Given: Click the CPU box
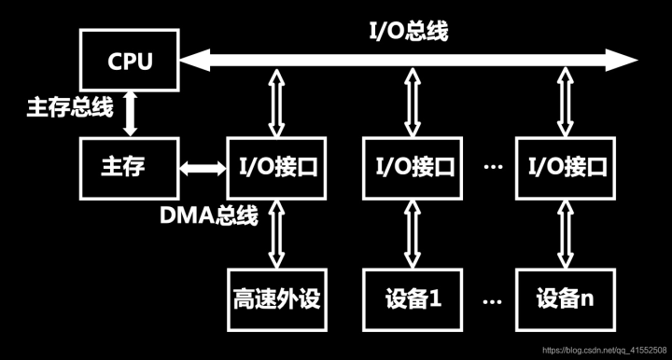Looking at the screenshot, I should click(129, 62).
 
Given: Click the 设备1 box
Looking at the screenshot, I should click(412, 298).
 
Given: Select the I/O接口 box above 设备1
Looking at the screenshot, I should click(412, 169).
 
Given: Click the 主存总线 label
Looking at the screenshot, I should click(69, 107).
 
